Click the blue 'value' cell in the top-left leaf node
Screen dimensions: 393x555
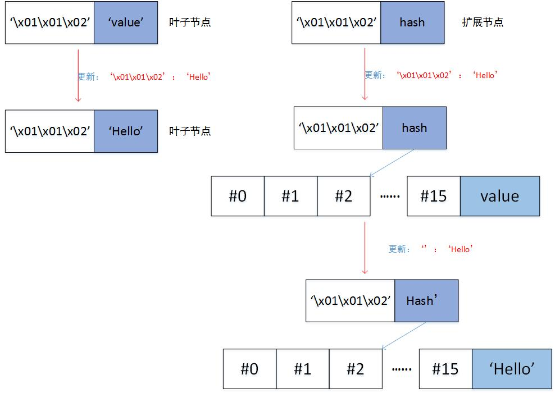pos(126,22)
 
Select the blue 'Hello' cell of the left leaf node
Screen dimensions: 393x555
pos(126,131)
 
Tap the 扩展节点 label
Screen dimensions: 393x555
pos(481,22)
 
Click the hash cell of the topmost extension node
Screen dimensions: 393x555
pos(412,22)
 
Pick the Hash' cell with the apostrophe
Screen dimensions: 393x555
pos(426,300)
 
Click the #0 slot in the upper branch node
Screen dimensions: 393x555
pos(238,196)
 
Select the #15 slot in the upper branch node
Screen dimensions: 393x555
pos(434,196)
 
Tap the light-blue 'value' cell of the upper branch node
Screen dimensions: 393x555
pos(499,196)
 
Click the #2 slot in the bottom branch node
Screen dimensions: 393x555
pos(356,369)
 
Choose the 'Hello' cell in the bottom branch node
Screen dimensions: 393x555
pos(511,369)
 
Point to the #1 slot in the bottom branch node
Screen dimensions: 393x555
pos(303,369)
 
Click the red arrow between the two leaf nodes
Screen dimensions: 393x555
pos(78,75)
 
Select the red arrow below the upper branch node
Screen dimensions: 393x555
pos(365,247)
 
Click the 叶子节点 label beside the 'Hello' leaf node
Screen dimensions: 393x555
pos(190,131)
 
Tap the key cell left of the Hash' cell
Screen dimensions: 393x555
pos(350,300)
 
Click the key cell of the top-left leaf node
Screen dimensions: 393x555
pos(49,22)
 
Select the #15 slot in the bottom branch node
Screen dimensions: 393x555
pos(445,369)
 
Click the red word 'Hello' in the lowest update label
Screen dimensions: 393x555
pos(460,249)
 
